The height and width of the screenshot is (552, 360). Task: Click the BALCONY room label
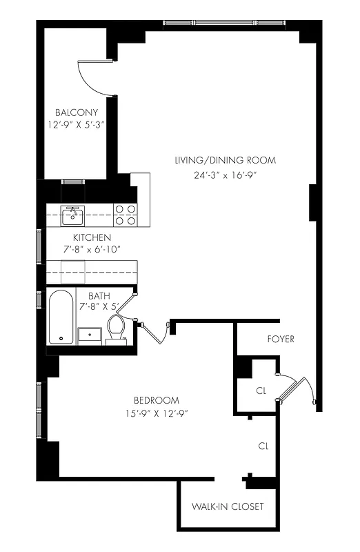(77, 112)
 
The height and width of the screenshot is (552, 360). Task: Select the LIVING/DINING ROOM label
(225, 160)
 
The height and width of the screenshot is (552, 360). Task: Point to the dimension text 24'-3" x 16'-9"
(225, 175)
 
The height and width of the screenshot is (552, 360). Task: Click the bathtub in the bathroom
(61, 317)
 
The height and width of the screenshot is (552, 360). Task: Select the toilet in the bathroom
(117, 329)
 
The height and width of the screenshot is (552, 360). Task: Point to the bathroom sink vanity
(90, 335)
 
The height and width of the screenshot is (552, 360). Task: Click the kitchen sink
(72, 216)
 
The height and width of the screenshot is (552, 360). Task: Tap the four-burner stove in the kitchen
(125, 215)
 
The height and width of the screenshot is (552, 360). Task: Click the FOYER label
(280, 339)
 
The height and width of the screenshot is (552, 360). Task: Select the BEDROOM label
(157, 400)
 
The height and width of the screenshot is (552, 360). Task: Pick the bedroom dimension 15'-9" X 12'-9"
(157, 413)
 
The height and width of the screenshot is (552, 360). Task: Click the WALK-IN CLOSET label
(228, 506)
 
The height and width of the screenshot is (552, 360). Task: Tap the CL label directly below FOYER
(261, 390)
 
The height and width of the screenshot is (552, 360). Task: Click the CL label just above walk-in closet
(263, 446)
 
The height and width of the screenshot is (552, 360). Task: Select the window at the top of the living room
(225, 23)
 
